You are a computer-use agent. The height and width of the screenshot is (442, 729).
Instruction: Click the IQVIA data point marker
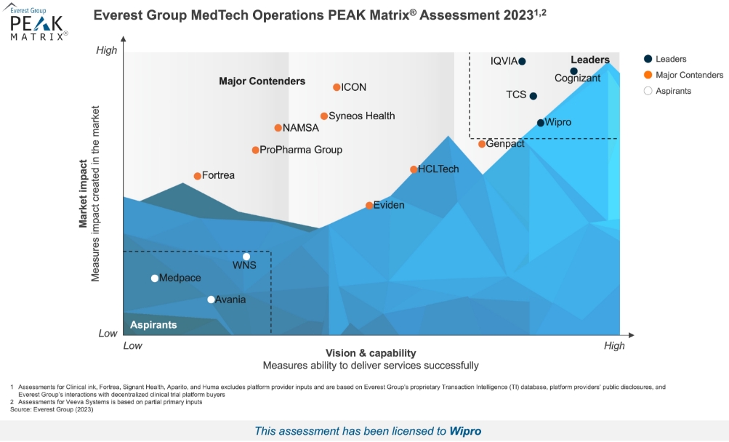pos(522,61)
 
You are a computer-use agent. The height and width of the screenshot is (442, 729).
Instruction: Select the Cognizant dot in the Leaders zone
pos(573,71)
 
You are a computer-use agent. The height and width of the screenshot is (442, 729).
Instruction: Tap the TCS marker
pos(533,96)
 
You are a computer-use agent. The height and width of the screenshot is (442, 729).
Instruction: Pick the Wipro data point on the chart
pos(541,123)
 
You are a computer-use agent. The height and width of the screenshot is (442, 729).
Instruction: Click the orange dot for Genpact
pos(482,144)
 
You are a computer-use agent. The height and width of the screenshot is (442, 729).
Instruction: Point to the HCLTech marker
pos(414,169)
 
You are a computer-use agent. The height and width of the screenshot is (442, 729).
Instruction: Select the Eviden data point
pos(369,206)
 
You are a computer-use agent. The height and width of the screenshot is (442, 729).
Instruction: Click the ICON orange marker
pos(337,87)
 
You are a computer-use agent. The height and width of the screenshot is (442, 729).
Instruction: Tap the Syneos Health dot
pos(324,116)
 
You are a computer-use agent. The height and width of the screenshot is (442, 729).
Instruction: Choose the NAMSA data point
pos(278,128)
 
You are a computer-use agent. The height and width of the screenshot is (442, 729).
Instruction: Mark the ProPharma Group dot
pos(255,150)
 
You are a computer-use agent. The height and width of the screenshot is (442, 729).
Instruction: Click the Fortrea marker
pos(197,176)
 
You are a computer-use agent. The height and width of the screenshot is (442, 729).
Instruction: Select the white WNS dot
pos(246,257)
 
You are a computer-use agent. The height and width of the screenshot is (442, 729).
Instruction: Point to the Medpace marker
pos(155,278)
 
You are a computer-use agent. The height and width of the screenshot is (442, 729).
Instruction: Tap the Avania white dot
pos(211,300)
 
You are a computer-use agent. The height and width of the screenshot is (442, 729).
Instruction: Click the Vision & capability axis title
pos(371,353)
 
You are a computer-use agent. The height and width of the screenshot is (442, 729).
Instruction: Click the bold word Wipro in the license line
pos(465,431)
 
